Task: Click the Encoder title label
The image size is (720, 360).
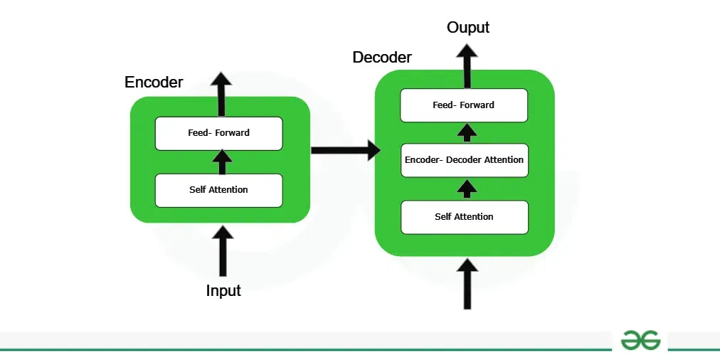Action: tap(154, 83)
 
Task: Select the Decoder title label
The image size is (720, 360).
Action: tap(382, 58)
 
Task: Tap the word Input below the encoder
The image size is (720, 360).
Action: tap(223, 291)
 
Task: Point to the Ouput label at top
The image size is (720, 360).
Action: tap(468, 28)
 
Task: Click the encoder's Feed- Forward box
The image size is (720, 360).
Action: tap(218, 133)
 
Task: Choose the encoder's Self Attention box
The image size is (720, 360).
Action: tap(218, 190)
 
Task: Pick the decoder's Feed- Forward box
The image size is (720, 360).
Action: tap(464, 105)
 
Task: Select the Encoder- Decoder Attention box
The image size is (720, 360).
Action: tap(464, 160)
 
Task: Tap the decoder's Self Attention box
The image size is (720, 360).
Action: tap(464, 217)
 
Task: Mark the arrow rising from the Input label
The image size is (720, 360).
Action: tap(223, 251)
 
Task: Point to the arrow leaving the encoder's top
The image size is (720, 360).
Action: tap(221, 94)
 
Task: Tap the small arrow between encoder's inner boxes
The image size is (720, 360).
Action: tap(222, 162)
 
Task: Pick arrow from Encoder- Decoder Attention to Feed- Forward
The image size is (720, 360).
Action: tap(467, 132)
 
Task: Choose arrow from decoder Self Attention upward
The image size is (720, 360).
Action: tap(467, 189)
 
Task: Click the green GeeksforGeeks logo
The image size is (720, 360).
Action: tap(640, 340)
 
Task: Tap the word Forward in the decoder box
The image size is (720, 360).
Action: tap(477, 105)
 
